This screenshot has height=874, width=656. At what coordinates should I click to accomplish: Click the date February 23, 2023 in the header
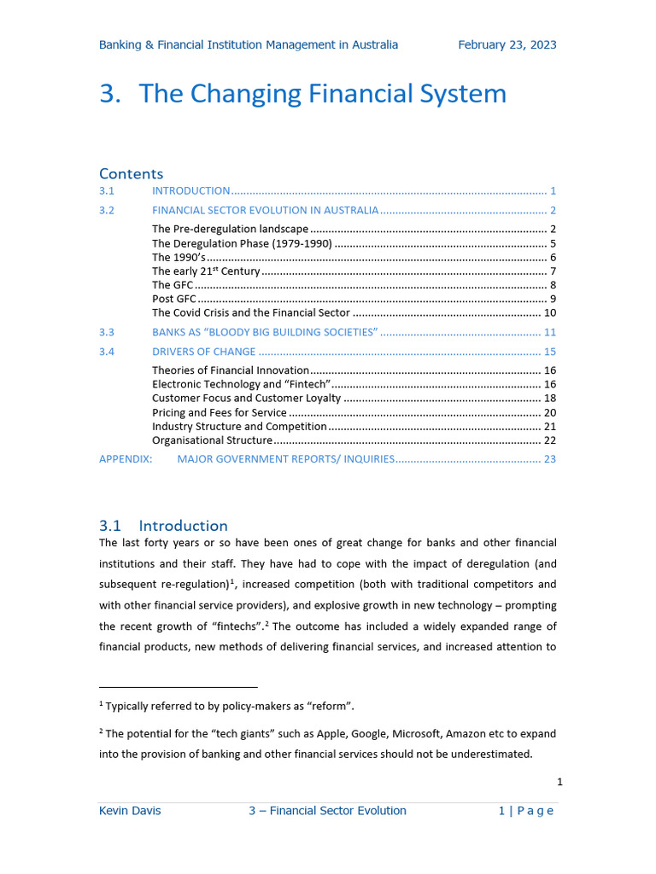point(507,44)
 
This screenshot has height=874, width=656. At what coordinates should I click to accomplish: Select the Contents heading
point(131,173)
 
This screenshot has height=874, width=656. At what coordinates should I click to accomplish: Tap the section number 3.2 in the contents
point(107,210)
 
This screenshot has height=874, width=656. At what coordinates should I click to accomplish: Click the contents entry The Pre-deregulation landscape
point(230,229)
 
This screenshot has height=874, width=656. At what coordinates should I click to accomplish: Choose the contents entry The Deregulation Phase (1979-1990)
point(242,243)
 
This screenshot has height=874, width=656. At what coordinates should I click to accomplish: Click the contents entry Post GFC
point(174,299)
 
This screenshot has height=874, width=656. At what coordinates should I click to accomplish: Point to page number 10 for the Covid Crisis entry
point(550,313)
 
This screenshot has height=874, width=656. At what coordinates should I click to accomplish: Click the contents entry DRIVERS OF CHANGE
point(203,352)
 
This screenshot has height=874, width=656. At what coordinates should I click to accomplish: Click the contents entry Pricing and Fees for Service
point(219,412)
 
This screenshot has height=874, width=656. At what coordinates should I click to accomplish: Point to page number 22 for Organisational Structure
point(550,440)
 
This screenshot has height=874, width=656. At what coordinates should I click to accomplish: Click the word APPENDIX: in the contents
point(126,459)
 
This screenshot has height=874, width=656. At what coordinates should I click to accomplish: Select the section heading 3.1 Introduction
point(163,525)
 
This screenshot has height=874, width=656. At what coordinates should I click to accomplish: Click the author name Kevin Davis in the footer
point(130,811)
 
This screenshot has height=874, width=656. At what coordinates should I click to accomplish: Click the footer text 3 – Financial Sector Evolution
point(327,811)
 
